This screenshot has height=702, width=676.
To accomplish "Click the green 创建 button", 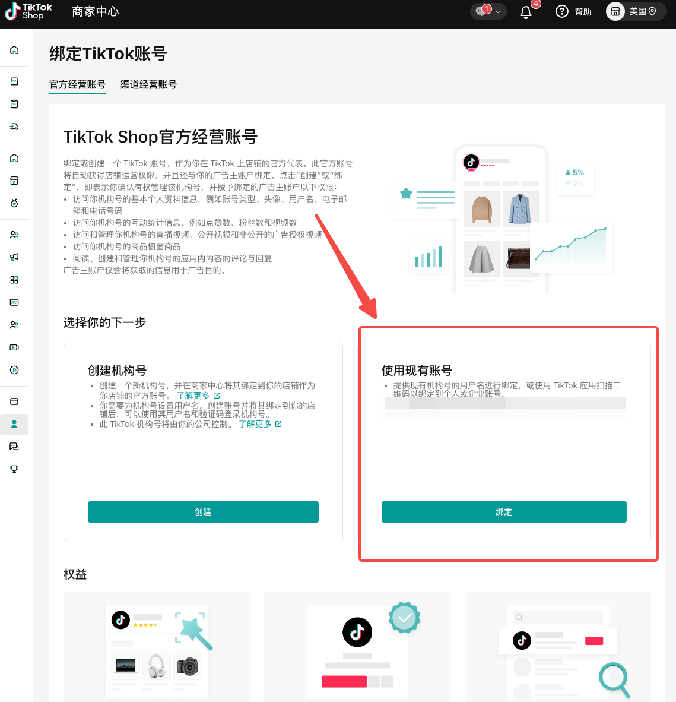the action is [203, 512].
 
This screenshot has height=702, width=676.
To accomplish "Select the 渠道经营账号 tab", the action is [148, 84].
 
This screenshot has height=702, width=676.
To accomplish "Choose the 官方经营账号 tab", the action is [77, 84].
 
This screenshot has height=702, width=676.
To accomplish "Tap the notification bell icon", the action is [526, 12].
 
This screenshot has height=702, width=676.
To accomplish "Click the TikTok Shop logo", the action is [28, 12].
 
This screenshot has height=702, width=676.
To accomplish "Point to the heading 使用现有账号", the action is [417, 371].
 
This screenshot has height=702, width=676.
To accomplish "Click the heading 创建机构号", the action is [117, 371].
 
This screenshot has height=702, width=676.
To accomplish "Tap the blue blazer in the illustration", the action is [521, 209].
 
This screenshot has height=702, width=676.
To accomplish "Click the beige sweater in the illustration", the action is [482, 209].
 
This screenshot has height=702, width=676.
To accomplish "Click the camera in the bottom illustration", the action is [188, 666].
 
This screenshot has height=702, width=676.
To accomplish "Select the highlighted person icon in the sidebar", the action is [14, 424].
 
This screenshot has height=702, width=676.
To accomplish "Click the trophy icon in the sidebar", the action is [14, 469].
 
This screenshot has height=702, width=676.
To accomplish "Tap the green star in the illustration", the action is [406, 194].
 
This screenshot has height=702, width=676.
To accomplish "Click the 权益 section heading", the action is [75, 574].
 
